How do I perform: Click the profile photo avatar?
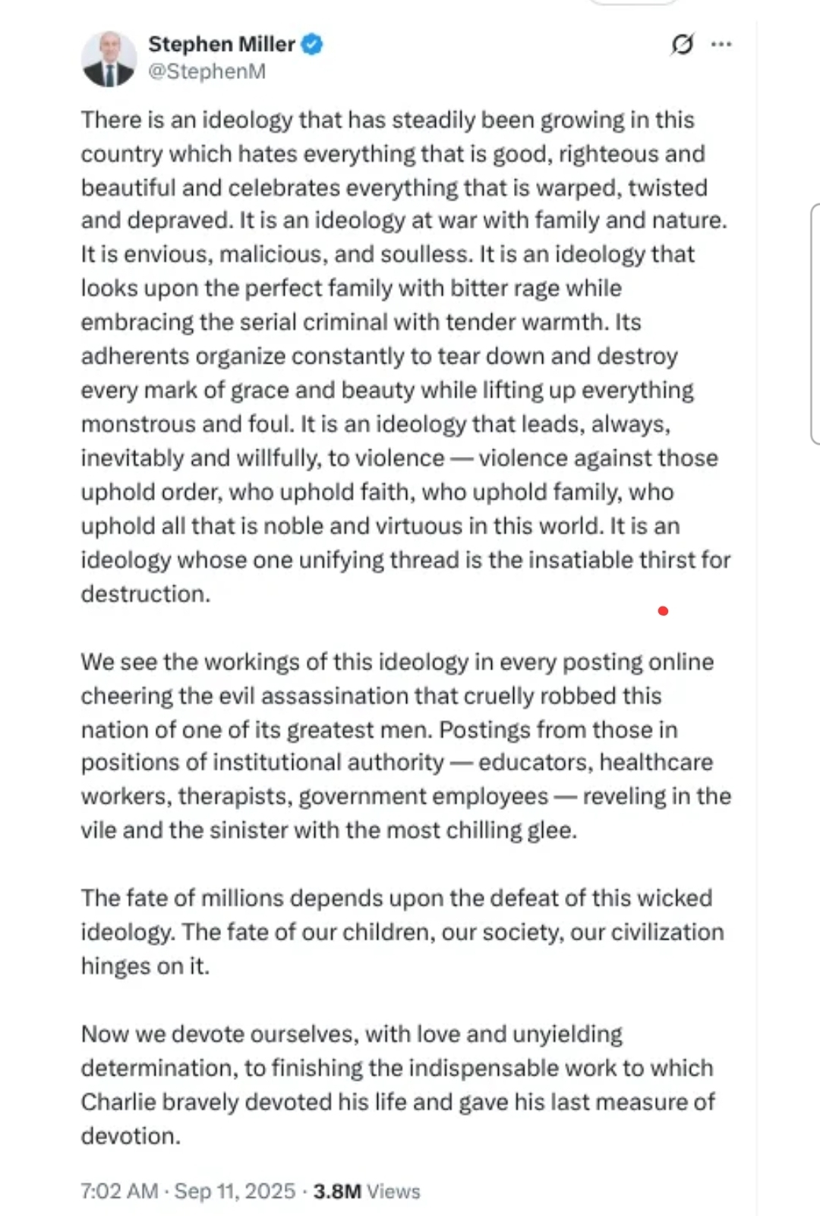tap(109, 58)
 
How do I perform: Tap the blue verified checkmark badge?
tap(312, 44)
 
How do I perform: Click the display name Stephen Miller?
tap(221, 44)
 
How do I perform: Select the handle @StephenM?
tap(207, 71)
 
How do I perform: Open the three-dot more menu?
tap(721, 44)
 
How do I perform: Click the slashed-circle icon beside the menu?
tap(682, 44)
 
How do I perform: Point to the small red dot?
tap(663, 611)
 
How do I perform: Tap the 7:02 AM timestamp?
tap(119, 1191)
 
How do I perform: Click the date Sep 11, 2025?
tap(235, 1191)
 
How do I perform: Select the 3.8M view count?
tap(336, 1191)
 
